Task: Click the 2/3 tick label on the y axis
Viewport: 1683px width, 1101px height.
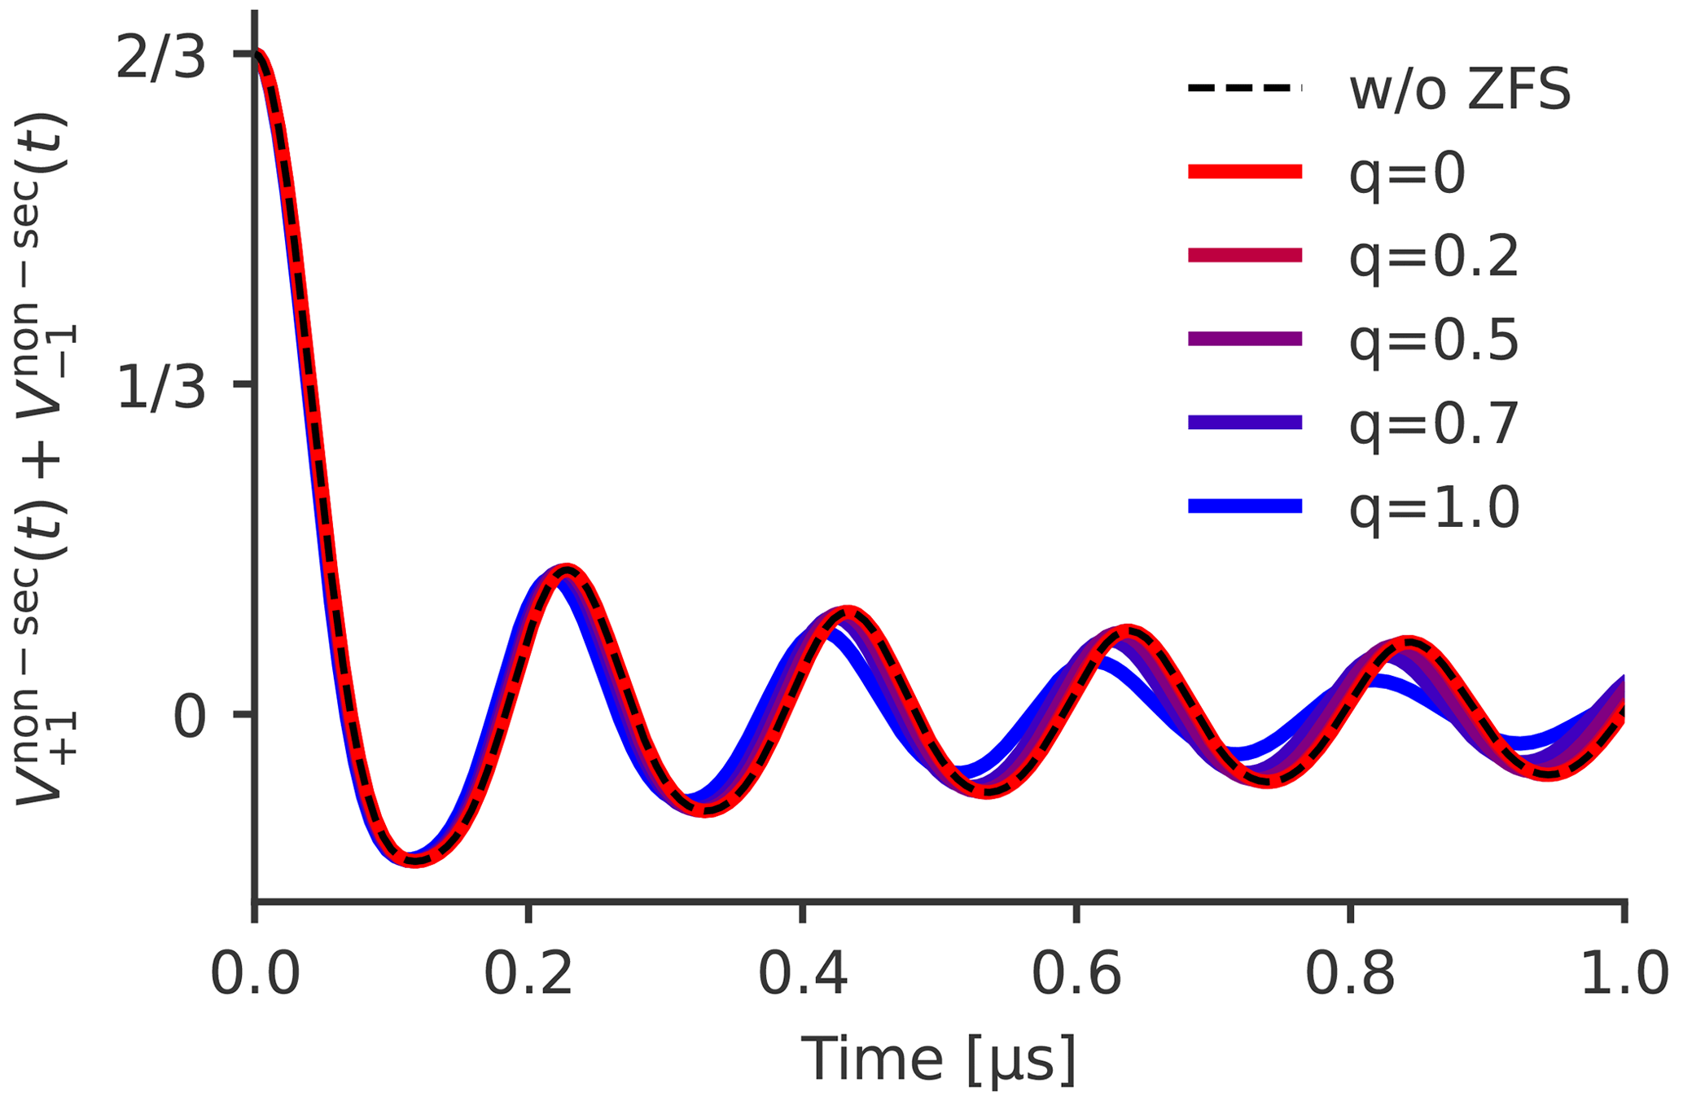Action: point(160,59)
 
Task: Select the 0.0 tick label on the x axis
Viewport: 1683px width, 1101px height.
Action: point(255,974)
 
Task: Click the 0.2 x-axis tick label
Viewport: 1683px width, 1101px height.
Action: point(528,974)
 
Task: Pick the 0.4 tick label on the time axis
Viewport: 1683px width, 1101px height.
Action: point(803,974)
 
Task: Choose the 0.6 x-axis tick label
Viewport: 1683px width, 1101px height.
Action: point(1076,974)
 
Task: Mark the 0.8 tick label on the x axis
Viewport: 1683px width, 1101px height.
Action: point(1350,974)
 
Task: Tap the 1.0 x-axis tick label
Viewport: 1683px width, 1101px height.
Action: point(1624,974)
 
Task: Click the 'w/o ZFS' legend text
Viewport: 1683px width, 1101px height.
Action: point(1460,90)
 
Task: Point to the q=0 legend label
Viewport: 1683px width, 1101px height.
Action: point(1407,174)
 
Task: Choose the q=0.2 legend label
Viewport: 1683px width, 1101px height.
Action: point(1434,257)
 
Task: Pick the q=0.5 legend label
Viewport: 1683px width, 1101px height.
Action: point(1434,341)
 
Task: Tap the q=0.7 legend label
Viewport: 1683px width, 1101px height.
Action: point(1434,424)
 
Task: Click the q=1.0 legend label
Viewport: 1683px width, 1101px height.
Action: point(1434,508)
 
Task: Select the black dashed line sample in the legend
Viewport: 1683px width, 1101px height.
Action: point(1245,88)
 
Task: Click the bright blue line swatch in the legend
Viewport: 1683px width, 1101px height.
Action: point(1245,506)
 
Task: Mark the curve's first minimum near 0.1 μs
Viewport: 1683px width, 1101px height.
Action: point(414,859)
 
